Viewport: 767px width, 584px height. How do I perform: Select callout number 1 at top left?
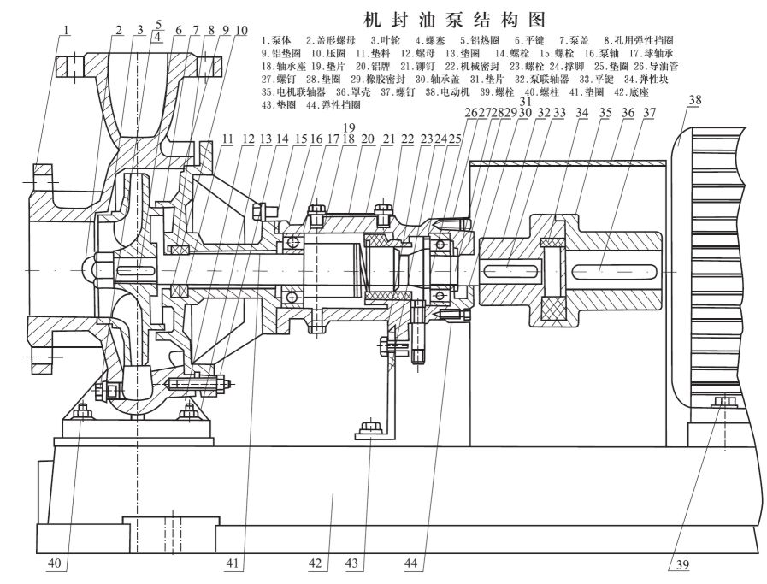click(67, 31)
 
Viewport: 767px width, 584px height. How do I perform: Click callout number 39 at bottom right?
click(680, 563)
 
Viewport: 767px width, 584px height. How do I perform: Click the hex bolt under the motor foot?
click(723, 402)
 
